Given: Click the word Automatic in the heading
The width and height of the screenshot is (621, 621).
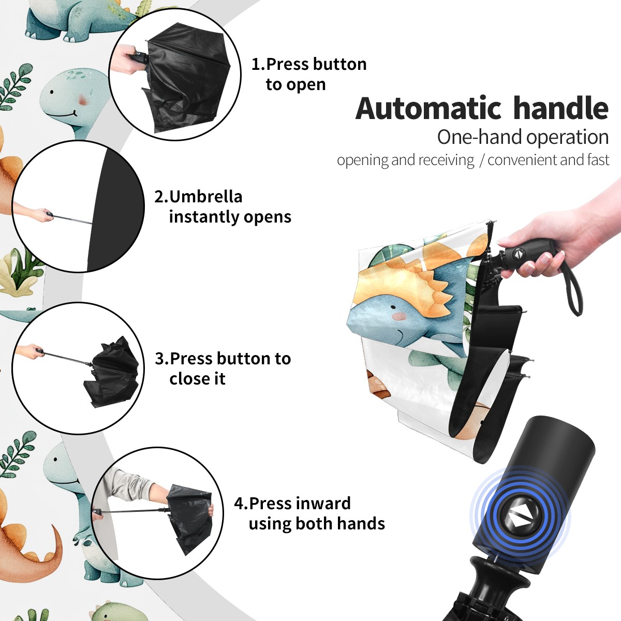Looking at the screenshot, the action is tap(428, 108).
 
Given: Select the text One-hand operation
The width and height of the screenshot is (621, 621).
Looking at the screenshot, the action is tap(523, 137).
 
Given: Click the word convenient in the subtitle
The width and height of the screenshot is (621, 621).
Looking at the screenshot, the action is tap(522, 160).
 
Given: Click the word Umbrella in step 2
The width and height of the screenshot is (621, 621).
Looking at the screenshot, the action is tap(206, 197).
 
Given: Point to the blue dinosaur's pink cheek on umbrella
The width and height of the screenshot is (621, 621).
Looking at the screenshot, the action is tap(401, 317).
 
